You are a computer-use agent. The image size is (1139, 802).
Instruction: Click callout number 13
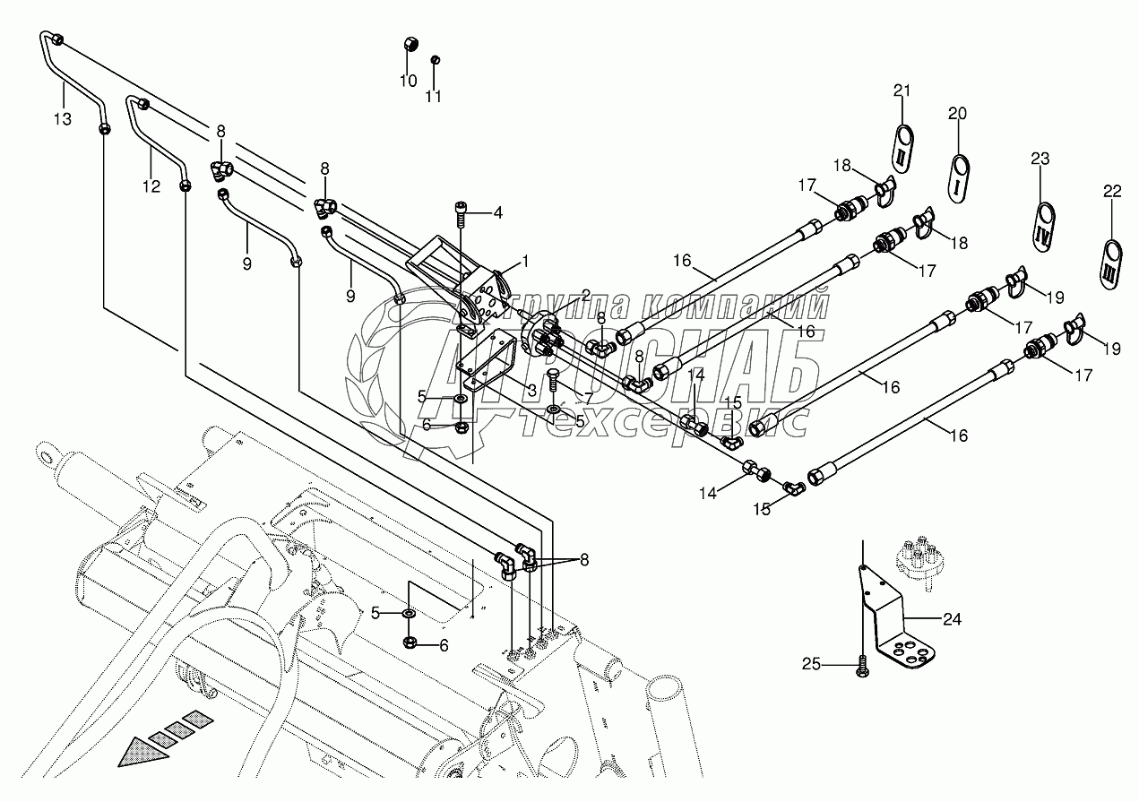pyautogui.click(x=63, y=119)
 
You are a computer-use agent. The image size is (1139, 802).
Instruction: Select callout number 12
pyautogui.click(x=151, y=186)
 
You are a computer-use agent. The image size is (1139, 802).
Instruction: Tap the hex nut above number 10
pyautogui.click(x=410, y=45)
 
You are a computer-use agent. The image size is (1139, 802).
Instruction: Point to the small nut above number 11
pyautogui.click(x=435, y=60)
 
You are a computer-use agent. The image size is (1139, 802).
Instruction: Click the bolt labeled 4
pyautogui.click(x=459, y=214)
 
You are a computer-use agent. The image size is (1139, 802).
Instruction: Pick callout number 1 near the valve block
pyautogui.click(x=525, y=262)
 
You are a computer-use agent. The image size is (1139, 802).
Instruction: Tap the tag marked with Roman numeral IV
pyautogui.click(x=1045, y=227)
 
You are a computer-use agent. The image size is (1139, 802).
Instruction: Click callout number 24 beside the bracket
pyautogui.click(x=952, y=619)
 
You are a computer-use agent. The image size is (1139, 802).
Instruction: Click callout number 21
pyautogui.click(x=902, y=91)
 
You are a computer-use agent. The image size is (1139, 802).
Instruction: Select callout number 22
pyautogui.click(x=1112, y=191)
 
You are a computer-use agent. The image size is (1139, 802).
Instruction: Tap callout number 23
pyautogui.click(x=1040, y=159)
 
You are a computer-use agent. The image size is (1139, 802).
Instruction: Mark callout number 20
pyautogui.click(x=957, y=113)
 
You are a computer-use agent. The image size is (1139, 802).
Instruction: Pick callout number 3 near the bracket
pyautogui.click(x=531, y=391)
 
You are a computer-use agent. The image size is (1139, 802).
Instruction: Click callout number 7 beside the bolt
pyautogui.click(x=589, y=398)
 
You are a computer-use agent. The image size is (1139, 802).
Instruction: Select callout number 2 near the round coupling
pyautogui.click(x=586, y=295)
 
